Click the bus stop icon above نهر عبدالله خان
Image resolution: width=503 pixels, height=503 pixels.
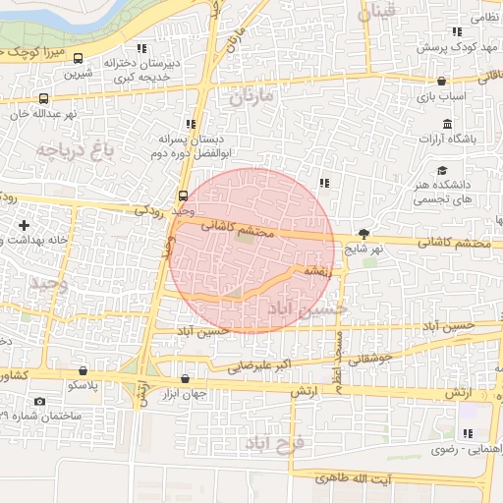pos(43,99)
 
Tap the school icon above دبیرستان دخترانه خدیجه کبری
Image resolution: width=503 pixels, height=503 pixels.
pos(142,48)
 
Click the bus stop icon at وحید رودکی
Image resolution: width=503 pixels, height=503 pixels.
pos(183,195)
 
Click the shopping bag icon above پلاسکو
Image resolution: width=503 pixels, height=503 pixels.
pos(83,371)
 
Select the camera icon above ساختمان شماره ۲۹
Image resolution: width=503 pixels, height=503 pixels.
pos(39,401)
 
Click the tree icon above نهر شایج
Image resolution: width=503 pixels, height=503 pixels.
pos(364,234)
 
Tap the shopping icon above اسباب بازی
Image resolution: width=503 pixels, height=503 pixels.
pos(441,82)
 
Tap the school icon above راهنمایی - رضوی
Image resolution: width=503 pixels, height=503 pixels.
pos(467,434)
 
